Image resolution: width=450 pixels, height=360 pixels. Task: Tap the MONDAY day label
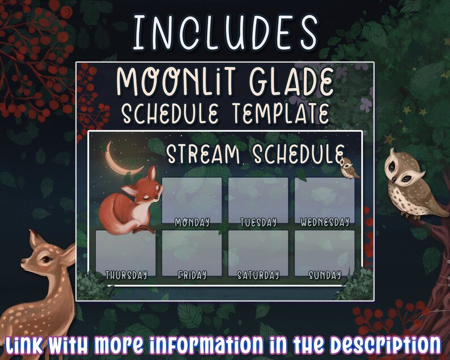[x=192, y=222]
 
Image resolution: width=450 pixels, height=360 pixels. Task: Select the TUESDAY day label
[x=258, y=222]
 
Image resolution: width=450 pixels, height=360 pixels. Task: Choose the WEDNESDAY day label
[x=324, y=222]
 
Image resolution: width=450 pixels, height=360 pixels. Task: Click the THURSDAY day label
[x=125, y=276]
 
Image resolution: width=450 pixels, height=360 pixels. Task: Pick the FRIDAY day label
[x=192, y=276]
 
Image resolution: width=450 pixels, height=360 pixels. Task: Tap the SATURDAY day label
[x=258, y=276]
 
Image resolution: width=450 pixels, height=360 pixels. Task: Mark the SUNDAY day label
[x=324, y=276]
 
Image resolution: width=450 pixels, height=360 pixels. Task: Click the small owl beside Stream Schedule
[x=346, y=167]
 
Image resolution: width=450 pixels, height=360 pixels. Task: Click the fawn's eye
[x=44, y=259]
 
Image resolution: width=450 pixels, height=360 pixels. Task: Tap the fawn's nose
[x=23, y=265]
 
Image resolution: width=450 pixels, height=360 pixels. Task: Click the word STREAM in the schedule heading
[x=203, y=154]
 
